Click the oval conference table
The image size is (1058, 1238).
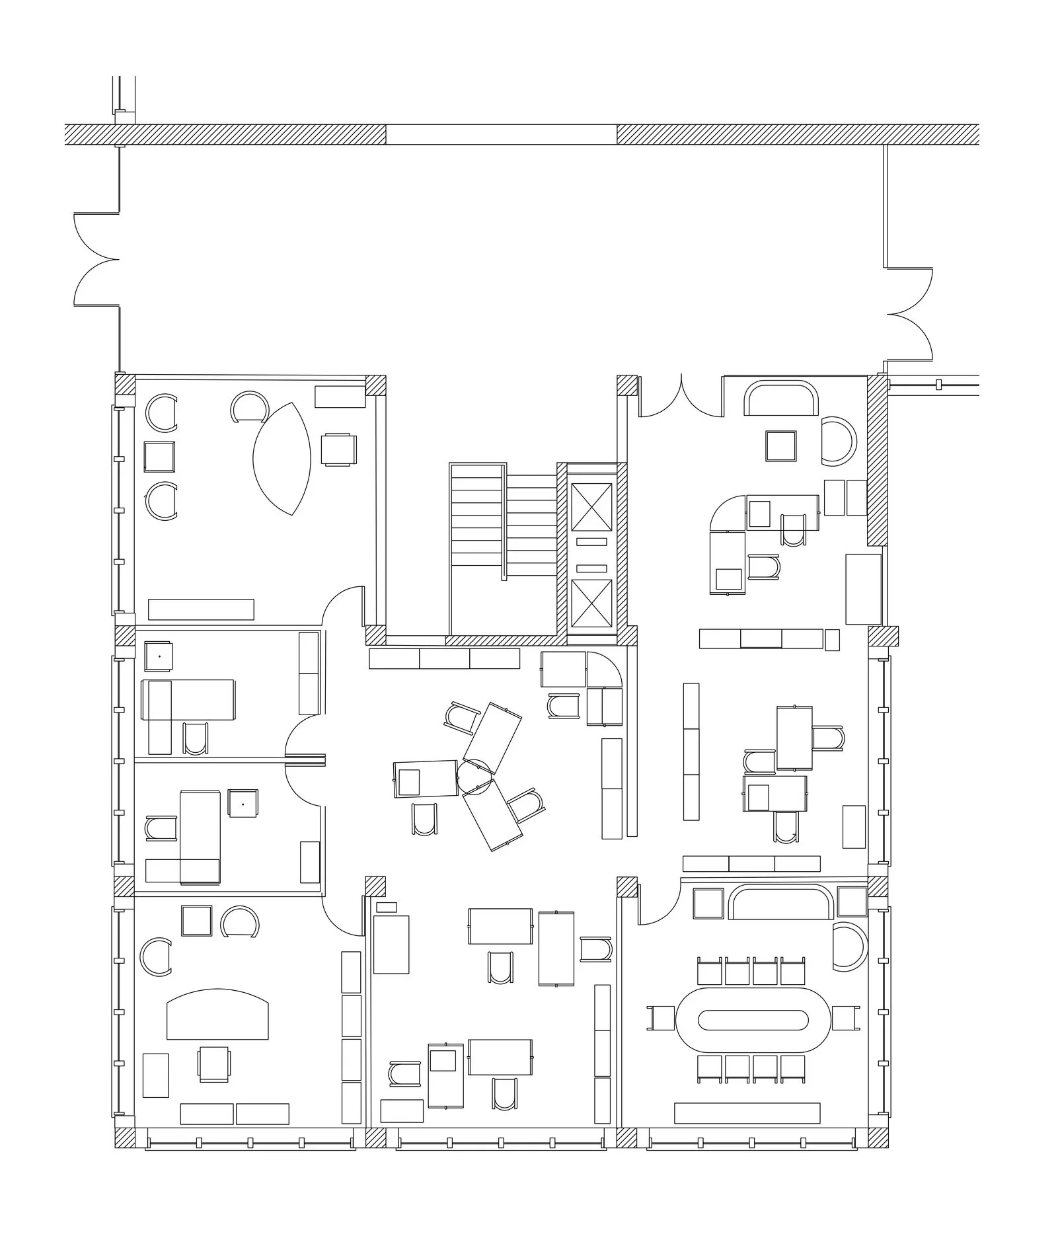[753, 1020]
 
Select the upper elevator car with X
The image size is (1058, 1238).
[591, 507]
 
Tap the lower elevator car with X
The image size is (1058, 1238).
[591, 603]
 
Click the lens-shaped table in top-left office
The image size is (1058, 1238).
[282, 459]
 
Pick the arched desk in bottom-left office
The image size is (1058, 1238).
[217, 1015]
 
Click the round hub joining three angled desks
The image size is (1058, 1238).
[474, 775]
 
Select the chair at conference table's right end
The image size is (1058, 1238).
[845, 1017]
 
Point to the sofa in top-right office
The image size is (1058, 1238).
[781, 398]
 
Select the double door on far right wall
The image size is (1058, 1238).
[910, 314]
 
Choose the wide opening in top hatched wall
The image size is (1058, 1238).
[501, 134]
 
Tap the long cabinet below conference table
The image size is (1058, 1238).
[747, 1113]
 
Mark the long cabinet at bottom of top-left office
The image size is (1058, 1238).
[201, 609]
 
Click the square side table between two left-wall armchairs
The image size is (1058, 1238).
[159, 457]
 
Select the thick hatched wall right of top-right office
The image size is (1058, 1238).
[877, 461]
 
